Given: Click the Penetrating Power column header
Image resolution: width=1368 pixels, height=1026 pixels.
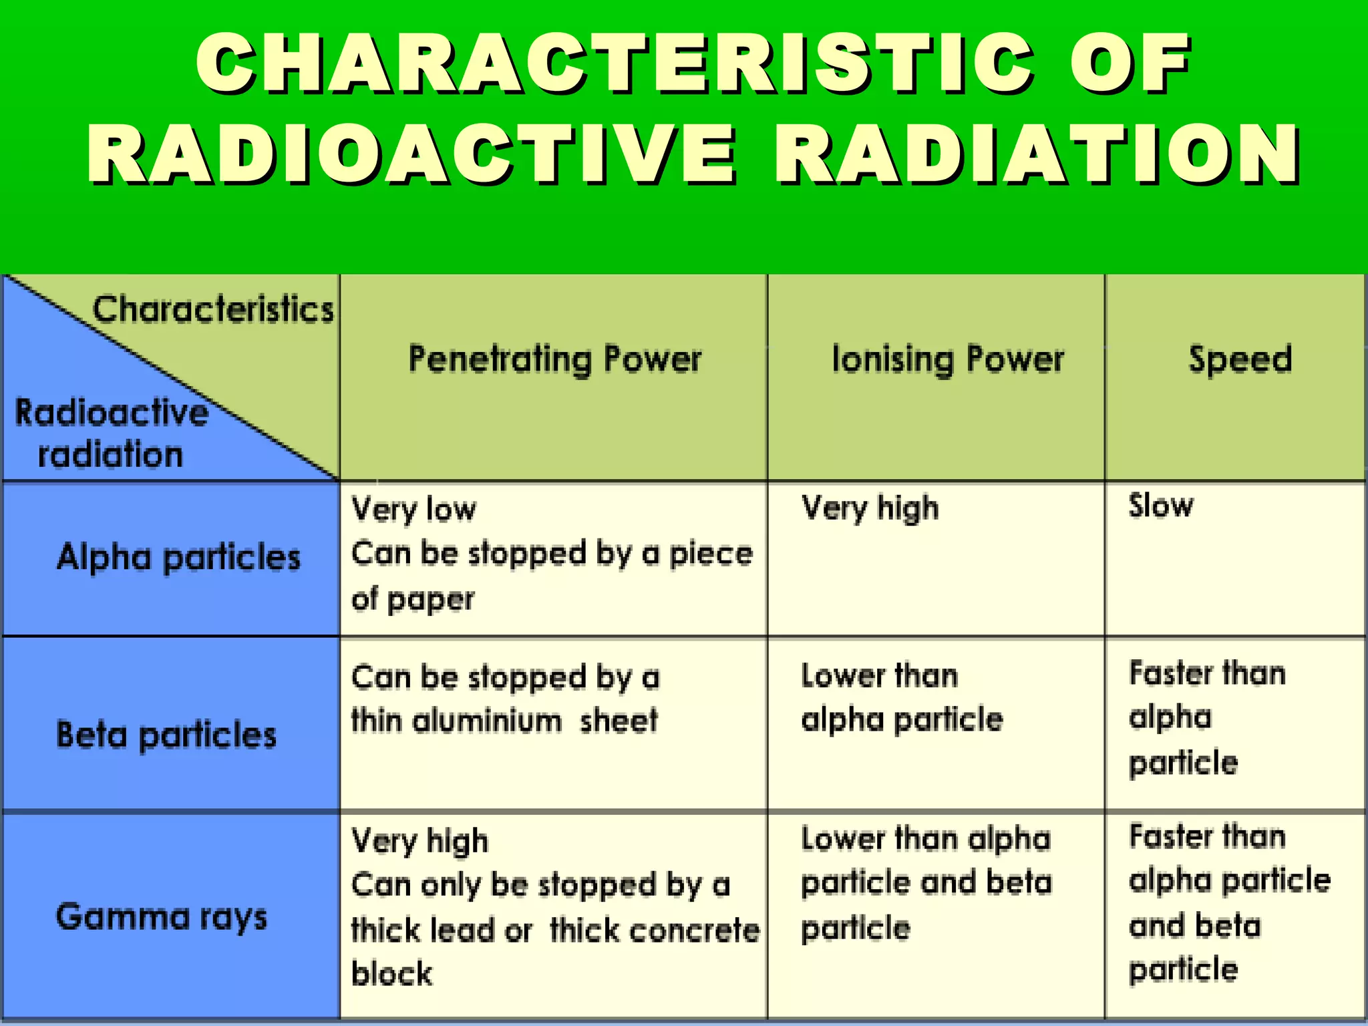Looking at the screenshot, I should click(554, 359).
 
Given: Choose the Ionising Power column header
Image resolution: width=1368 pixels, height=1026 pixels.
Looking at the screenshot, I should click(948, 359).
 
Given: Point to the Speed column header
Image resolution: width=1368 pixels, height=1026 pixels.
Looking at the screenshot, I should click(1240, 359).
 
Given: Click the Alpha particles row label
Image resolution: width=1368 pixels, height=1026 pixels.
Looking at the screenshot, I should click(178, 557).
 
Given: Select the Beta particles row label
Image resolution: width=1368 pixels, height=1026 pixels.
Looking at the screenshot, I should click(166, 735).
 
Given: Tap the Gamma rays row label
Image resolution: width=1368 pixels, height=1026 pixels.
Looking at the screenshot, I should click(162, 916).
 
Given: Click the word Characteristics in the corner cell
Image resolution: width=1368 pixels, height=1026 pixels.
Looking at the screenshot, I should click(213, 309).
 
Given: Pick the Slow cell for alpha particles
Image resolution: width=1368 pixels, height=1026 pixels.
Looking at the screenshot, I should click(1160, 506).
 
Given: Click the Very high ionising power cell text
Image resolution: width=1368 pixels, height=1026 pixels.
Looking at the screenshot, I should click(870, 508).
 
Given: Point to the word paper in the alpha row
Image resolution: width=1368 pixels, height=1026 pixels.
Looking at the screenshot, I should click(431, 599).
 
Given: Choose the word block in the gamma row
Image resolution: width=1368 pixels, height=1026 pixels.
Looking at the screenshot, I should click(391, 974).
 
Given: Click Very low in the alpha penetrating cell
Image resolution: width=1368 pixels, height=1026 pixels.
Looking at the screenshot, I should click(414, 510).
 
